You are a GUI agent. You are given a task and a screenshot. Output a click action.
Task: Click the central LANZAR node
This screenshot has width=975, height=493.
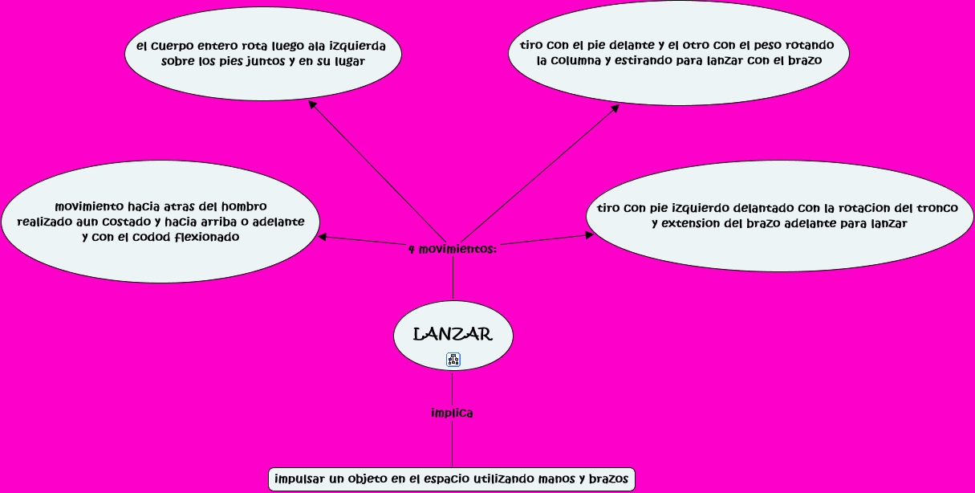(x=453, y=333)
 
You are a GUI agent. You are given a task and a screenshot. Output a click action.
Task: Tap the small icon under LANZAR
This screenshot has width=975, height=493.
(x=453, y=360)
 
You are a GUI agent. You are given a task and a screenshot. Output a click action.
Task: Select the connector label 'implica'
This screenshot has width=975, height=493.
(x=452, y=414)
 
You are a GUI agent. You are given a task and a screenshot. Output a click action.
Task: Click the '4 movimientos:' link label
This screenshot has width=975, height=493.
(x=453, y=249)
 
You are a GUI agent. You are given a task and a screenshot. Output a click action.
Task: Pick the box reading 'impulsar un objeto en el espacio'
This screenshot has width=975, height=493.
(x=452, y=479)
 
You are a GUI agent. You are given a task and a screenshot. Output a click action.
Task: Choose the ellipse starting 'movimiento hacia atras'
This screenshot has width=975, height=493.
(x=160, y=222)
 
